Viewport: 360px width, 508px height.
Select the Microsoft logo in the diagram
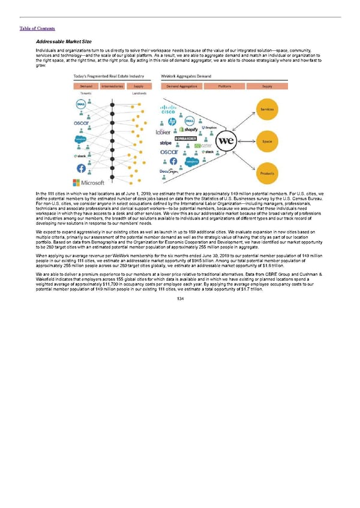coord(89,182)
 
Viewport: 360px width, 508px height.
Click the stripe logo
coord(166,143)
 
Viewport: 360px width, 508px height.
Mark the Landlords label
coord(140,94)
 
